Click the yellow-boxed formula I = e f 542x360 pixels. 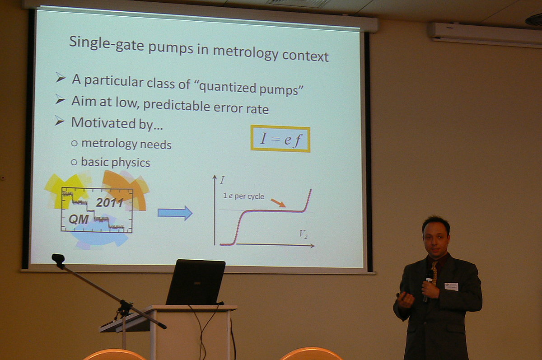(x=280, y=139)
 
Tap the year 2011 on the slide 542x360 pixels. (x=110, y=202)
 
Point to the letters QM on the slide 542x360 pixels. (x=79, y=220)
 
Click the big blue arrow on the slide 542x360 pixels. (x=175, y=213)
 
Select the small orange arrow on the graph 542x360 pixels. (x=278, y=203)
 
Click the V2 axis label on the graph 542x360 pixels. (x=303, y=234)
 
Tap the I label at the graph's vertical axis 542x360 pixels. (x=222, y=180)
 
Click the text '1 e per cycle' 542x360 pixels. (x=243, y=196)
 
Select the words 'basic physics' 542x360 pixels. (x=116, y=162)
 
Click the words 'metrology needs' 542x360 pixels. (x=126, y=144)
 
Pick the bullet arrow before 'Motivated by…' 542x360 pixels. (x=60, y=121)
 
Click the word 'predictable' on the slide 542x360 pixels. (x=177, y=106)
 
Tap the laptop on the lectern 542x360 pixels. (x=196, y=282)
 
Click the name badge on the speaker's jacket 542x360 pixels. (x=451, y=286)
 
